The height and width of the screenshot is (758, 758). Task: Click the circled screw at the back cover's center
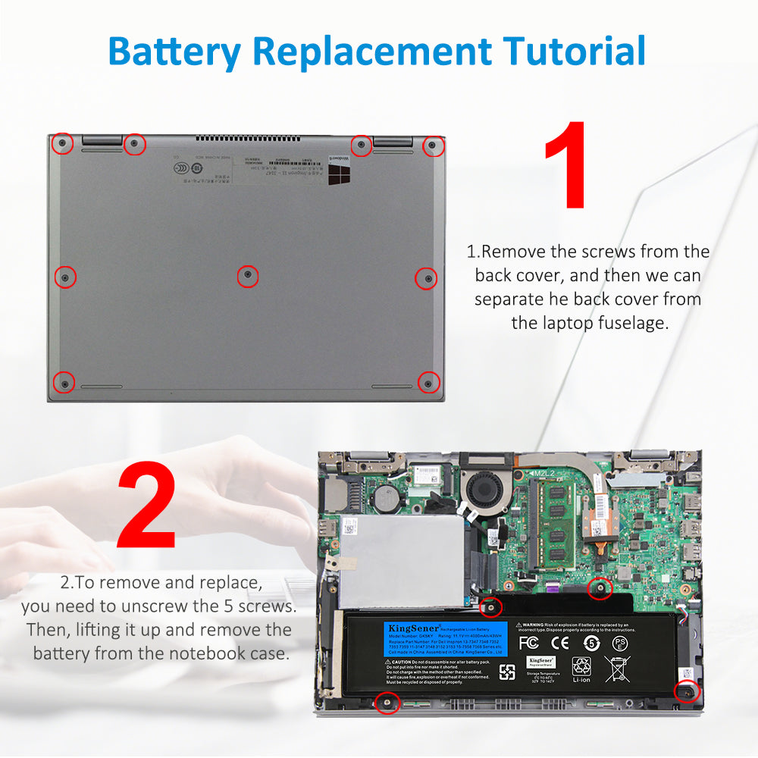tap(247, 277)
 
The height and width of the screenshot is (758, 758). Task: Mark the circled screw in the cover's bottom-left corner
tap(64, 383)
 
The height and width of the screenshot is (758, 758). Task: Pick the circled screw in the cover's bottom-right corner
tap(428, 383)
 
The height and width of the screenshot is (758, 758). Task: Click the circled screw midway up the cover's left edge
tap(66, 277)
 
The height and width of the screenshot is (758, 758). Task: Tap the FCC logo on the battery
tap(528, 643)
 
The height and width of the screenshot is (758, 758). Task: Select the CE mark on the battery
tap(560, 643)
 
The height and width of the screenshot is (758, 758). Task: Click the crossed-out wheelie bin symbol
tap(617, 668)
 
